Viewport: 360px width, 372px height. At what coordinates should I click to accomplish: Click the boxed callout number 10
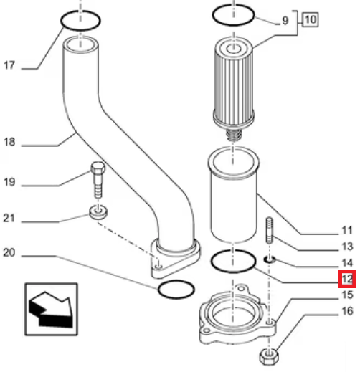(311, 19)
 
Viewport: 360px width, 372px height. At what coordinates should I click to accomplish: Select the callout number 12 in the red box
(347, 279)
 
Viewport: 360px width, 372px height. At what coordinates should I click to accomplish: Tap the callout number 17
(9, 65)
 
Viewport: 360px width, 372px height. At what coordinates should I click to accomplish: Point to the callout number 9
(285, 21)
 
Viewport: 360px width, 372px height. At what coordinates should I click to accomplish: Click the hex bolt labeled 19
(98, 180)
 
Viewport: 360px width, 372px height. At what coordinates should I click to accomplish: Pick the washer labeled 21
(98, 212)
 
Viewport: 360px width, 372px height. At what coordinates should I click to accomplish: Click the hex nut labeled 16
(269, 356)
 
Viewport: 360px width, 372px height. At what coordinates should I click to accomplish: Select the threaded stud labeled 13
(270, 230)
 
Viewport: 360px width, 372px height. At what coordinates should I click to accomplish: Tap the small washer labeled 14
(270, 259)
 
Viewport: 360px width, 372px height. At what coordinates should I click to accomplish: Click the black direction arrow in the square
(51, 310)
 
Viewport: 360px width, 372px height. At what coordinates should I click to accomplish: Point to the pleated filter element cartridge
(233, 82)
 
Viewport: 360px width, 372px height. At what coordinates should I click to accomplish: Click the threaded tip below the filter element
(234, 135)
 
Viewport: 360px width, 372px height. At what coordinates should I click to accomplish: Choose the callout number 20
(9, 252)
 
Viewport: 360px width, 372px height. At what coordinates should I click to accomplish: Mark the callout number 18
(9, 142)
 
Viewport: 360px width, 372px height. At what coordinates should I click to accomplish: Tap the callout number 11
(347, 230)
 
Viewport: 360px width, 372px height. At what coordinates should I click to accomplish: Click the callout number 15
(347, 295)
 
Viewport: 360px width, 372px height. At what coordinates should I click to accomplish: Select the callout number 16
(347, 311)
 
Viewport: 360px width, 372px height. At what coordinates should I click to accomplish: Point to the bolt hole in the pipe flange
(158, 266)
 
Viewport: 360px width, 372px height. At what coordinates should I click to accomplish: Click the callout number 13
(347, 247)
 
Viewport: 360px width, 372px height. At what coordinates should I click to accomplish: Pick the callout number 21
(9, 218)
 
